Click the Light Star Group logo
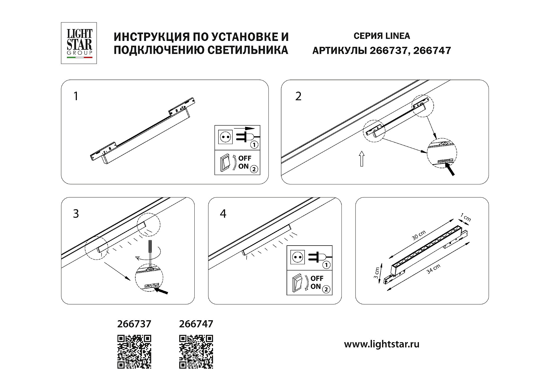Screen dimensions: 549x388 pos(79,43)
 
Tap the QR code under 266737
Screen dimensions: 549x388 pos(135,352)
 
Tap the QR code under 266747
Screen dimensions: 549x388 pos(196,352)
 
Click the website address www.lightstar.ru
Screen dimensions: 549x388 pos(382,344)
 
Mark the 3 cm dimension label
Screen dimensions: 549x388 pos(377,273)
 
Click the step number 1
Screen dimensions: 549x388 pos(76,96)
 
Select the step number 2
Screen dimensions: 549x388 pos(298,96)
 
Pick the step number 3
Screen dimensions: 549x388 pos(76,214)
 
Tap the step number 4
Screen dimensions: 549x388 pos(223,214)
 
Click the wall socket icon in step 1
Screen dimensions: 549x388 pos(225,137)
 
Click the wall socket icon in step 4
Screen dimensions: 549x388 pos(298,257)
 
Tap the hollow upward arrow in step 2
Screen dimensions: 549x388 pos(362,159)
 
